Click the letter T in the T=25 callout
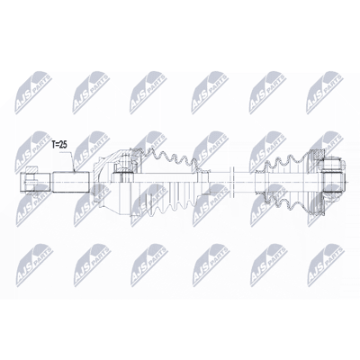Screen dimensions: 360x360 (53, 145)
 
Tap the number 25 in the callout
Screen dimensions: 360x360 (64, 145)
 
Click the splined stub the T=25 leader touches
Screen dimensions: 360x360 (72, 182)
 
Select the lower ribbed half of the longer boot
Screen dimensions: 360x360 (169, 204)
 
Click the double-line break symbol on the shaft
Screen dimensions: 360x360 (231, 182)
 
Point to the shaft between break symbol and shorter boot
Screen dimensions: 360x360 (244, 182)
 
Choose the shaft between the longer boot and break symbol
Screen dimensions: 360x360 (219, 182)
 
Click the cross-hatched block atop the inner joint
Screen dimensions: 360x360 (317, 156)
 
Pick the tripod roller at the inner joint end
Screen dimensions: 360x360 (332, 182)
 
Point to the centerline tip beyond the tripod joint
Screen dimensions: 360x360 (349, 182)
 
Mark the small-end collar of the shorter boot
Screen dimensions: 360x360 (258, 182)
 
